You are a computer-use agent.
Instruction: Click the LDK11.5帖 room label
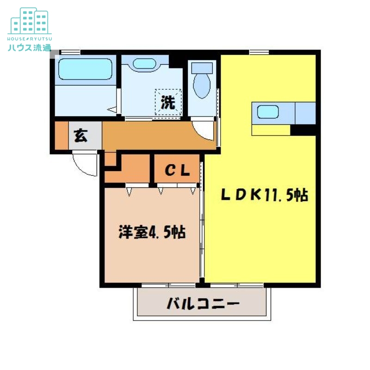pos(264,196)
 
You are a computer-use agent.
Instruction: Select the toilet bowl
pos(202,86)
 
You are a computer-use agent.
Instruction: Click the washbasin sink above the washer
pos(144,64)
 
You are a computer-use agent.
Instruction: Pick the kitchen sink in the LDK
pos(268,111)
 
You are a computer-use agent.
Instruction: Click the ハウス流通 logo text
pos(29,48)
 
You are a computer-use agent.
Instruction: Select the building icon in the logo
pos(29,21)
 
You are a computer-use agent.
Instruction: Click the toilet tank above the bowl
pos(202,68)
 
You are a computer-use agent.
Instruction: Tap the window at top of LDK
pos(259,52)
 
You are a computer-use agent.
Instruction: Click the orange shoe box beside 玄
pos(61,136)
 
